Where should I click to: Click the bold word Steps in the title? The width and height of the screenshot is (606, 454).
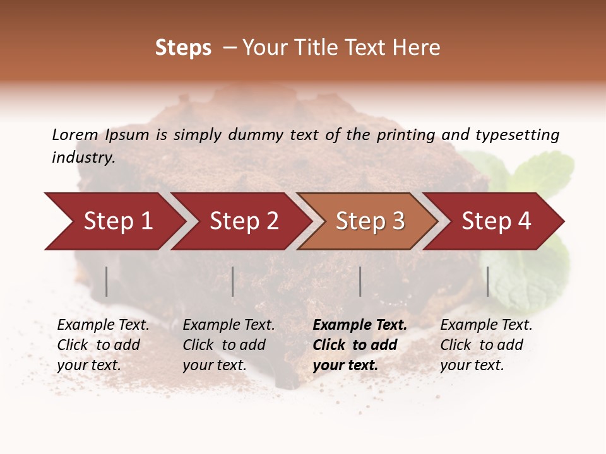click(183, 48)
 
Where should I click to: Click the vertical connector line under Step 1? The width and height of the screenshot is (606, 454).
click(107, 281)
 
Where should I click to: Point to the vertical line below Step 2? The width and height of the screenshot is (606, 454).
click(233, 281)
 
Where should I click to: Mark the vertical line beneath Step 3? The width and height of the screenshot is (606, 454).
click(360, 281)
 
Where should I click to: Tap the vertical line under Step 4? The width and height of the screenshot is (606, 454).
click(488, 281)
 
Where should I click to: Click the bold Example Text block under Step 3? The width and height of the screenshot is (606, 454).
click(360, 345)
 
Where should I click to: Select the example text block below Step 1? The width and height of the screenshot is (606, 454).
click(103, 345)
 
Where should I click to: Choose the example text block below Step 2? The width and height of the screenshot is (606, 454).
click(229, 345)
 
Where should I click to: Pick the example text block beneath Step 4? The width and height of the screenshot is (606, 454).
click(486, 345)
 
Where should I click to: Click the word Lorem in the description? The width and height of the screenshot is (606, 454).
click(74, 135)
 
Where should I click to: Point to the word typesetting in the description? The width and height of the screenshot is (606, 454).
click(517, 135)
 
